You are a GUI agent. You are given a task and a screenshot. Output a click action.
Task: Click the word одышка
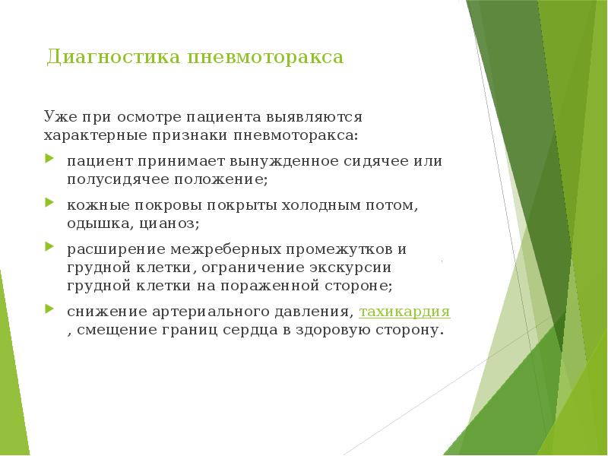100,224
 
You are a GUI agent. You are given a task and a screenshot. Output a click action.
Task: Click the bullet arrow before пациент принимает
49,160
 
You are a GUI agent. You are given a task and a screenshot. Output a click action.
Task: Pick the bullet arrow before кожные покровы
49,204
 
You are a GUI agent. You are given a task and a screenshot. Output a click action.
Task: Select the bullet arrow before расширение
49,248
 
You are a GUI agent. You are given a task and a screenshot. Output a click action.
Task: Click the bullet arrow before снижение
49,311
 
